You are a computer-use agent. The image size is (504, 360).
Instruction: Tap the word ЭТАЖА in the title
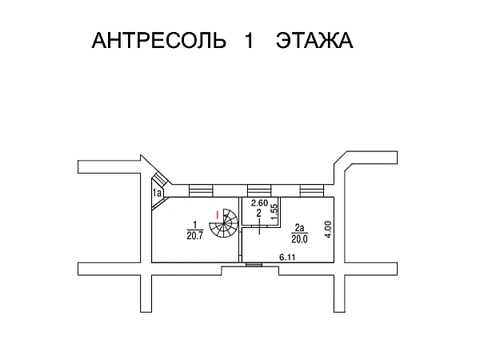point(314,41)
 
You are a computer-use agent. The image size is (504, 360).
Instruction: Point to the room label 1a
point(158,192)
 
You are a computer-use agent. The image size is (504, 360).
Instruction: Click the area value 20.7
point(194,235)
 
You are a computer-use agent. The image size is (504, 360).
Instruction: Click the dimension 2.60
point(258,204)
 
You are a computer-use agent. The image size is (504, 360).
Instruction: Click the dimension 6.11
point(287,258)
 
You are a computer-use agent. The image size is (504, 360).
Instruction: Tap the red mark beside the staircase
point(217,214)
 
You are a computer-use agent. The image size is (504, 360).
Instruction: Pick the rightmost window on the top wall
point(311,190)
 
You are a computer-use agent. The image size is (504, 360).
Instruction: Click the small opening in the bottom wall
point(254,266)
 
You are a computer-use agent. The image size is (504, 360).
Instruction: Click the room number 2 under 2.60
point(258,213)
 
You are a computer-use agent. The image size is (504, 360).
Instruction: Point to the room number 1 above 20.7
point(194,226)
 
